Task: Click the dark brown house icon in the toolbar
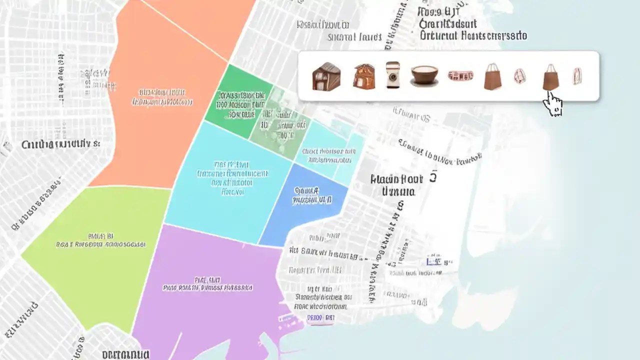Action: (x=326, y=76)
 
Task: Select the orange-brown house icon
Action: (x=364, y=76)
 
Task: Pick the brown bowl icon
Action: (x=424, y=75)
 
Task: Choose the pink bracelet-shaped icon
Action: (x=460, y=75)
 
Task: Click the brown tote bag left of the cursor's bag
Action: (x=492, y=76)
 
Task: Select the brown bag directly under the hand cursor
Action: (x=550, y=77)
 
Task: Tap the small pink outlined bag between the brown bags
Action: (x=520, y=76)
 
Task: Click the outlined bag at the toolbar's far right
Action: (x=577, y=76)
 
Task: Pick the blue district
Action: (x=305, y=205)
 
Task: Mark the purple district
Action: (x=210, y=300)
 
